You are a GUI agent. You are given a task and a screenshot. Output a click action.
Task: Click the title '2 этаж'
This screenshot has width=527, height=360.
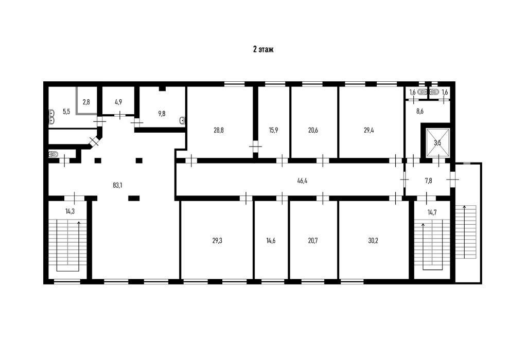click(x=263, y=50)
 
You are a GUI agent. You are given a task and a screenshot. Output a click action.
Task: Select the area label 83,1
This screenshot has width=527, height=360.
click(x=117, y=185)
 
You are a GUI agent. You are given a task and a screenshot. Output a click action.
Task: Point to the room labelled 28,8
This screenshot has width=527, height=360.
click(x=219, y=130)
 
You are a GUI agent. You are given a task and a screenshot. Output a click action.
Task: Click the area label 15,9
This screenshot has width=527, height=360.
click(x=273, y=130)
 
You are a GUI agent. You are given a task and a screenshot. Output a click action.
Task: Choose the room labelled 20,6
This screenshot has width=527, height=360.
click(x=313, y=130)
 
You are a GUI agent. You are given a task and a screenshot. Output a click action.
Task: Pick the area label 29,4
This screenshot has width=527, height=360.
click(x=368, y=130)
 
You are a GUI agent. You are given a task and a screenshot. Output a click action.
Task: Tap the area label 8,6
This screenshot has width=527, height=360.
click(x=420, y=111)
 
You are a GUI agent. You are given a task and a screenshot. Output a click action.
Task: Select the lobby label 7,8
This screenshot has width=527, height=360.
click(x=429, y=181)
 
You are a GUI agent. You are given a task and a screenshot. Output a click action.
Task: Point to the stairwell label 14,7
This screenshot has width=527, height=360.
click(x=432, y=212)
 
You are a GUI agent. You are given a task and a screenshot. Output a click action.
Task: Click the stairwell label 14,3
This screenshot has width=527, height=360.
click(x=69, y=211)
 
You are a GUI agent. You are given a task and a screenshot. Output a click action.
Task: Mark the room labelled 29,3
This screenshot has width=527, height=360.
click(x=217, y=240)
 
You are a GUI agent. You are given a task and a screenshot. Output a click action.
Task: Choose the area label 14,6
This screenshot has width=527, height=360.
click(x=271, y=240)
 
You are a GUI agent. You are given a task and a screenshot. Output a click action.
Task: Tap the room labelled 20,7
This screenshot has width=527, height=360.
click(x=313, y=240)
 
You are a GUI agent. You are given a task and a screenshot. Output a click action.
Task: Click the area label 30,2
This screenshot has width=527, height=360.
click(x=373, y=240)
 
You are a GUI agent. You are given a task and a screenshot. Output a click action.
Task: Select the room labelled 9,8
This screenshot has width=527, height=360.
click(x=162, y=113)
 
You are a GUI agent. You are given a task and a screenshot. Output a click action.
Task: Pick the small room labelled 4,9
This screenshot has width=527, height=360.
click(x=118, y=102)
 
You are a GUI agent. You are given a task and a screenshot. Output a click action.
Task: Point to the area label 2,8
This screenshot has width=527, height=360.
click(x=86, y=102)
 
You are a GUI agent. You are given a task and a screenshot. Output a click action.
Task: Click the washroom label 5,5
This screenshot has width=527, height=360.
click(x=66, y=111)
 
